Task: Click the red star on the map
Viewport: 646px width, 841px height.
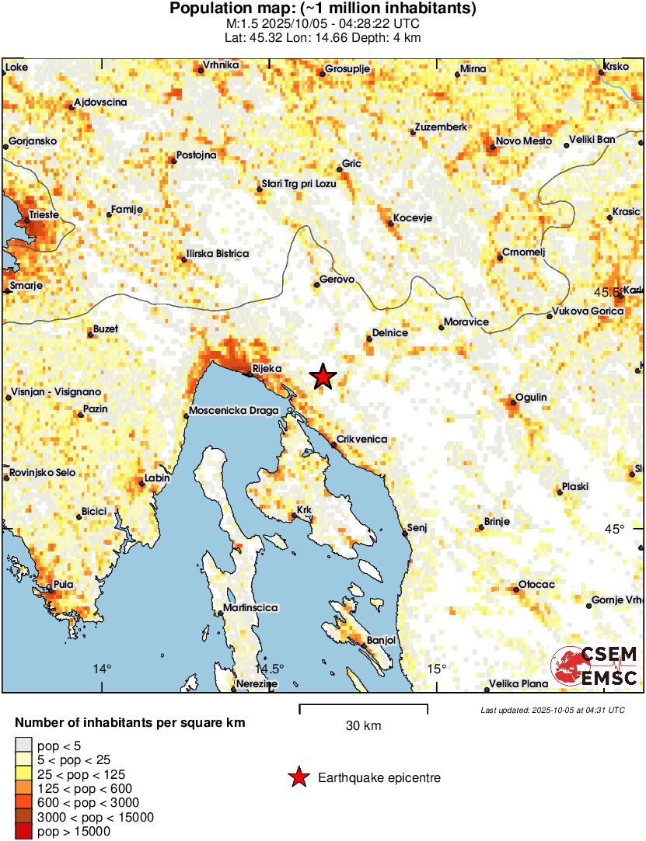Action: pyautogui.click(x=323, y=377)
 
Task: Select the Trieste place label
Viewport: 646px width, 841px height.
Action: pyautogui.click(x=44, y=214)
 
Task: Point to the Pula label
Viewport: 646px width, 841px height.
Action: pyautogui.click(x=63, y=586)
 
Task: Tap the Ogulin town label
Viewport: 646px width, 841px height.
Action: pyautogui.click(x=533, y=397)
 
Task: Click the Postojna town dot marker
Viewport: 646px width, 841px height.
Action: pyautogui.click(x=173, y=162)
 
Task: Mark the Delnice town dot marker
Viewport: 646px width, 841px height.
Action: pyautogui.click(x=369, y=337)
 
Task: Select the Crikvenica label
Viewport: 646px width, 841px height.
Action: pyautogui.click(x=363, y=439)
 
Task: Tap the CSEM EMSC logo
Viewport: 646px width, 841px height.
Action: pyautogui.click(x=594, y=666)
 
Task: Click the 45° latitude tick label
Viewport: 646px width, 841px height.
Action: pyautogui.click(x=615, y=529)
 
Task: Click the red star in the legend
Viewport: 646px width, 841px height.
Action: pyautogui.click(x=298, y=777)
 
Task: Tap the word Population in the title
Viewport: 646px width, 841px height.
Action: pyautogui.click(x=208, y=9)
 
